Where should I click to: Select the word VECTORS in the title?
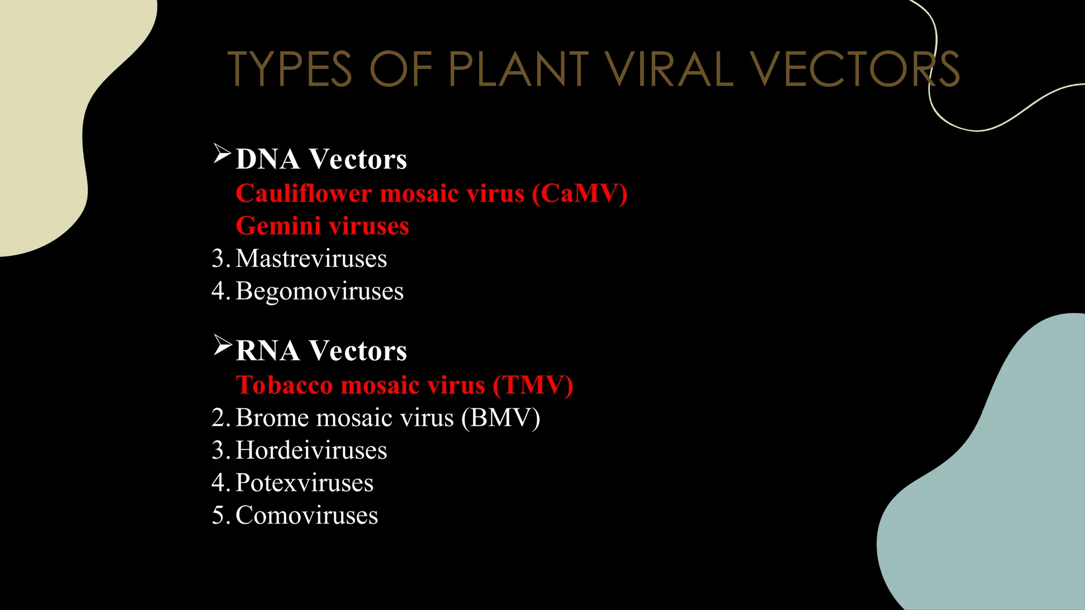[x=855, y=69]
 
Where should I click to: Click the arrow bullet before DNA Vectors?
[x=222, y=154]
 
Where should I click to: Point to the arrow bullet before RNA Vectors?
[x=222, y=345]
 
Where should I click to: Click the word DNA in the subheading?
[x=268, y=159]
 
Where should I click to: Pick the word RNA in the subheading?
[x=268, y=351]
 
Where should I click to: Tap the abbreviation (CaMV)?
[x=580, y=193]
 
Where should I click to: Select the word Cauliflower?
[x=304, y=193]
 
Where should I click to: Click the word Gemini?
[x=278, y=226]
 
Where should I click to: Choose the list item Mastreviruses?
[x=311, y=259]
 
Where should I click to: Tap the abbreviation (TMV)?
[x=533, y=385]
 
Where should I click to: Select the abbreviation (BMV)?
[x=501, y=418]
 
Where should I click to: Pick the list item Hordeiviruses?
[x=311, y=451]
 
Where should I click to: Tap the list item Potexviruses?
[x=305, y=483]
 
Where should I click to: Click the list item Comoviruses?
[x=307, y=516]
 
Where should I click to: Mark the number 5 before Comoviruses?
[x=218, y=516]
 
